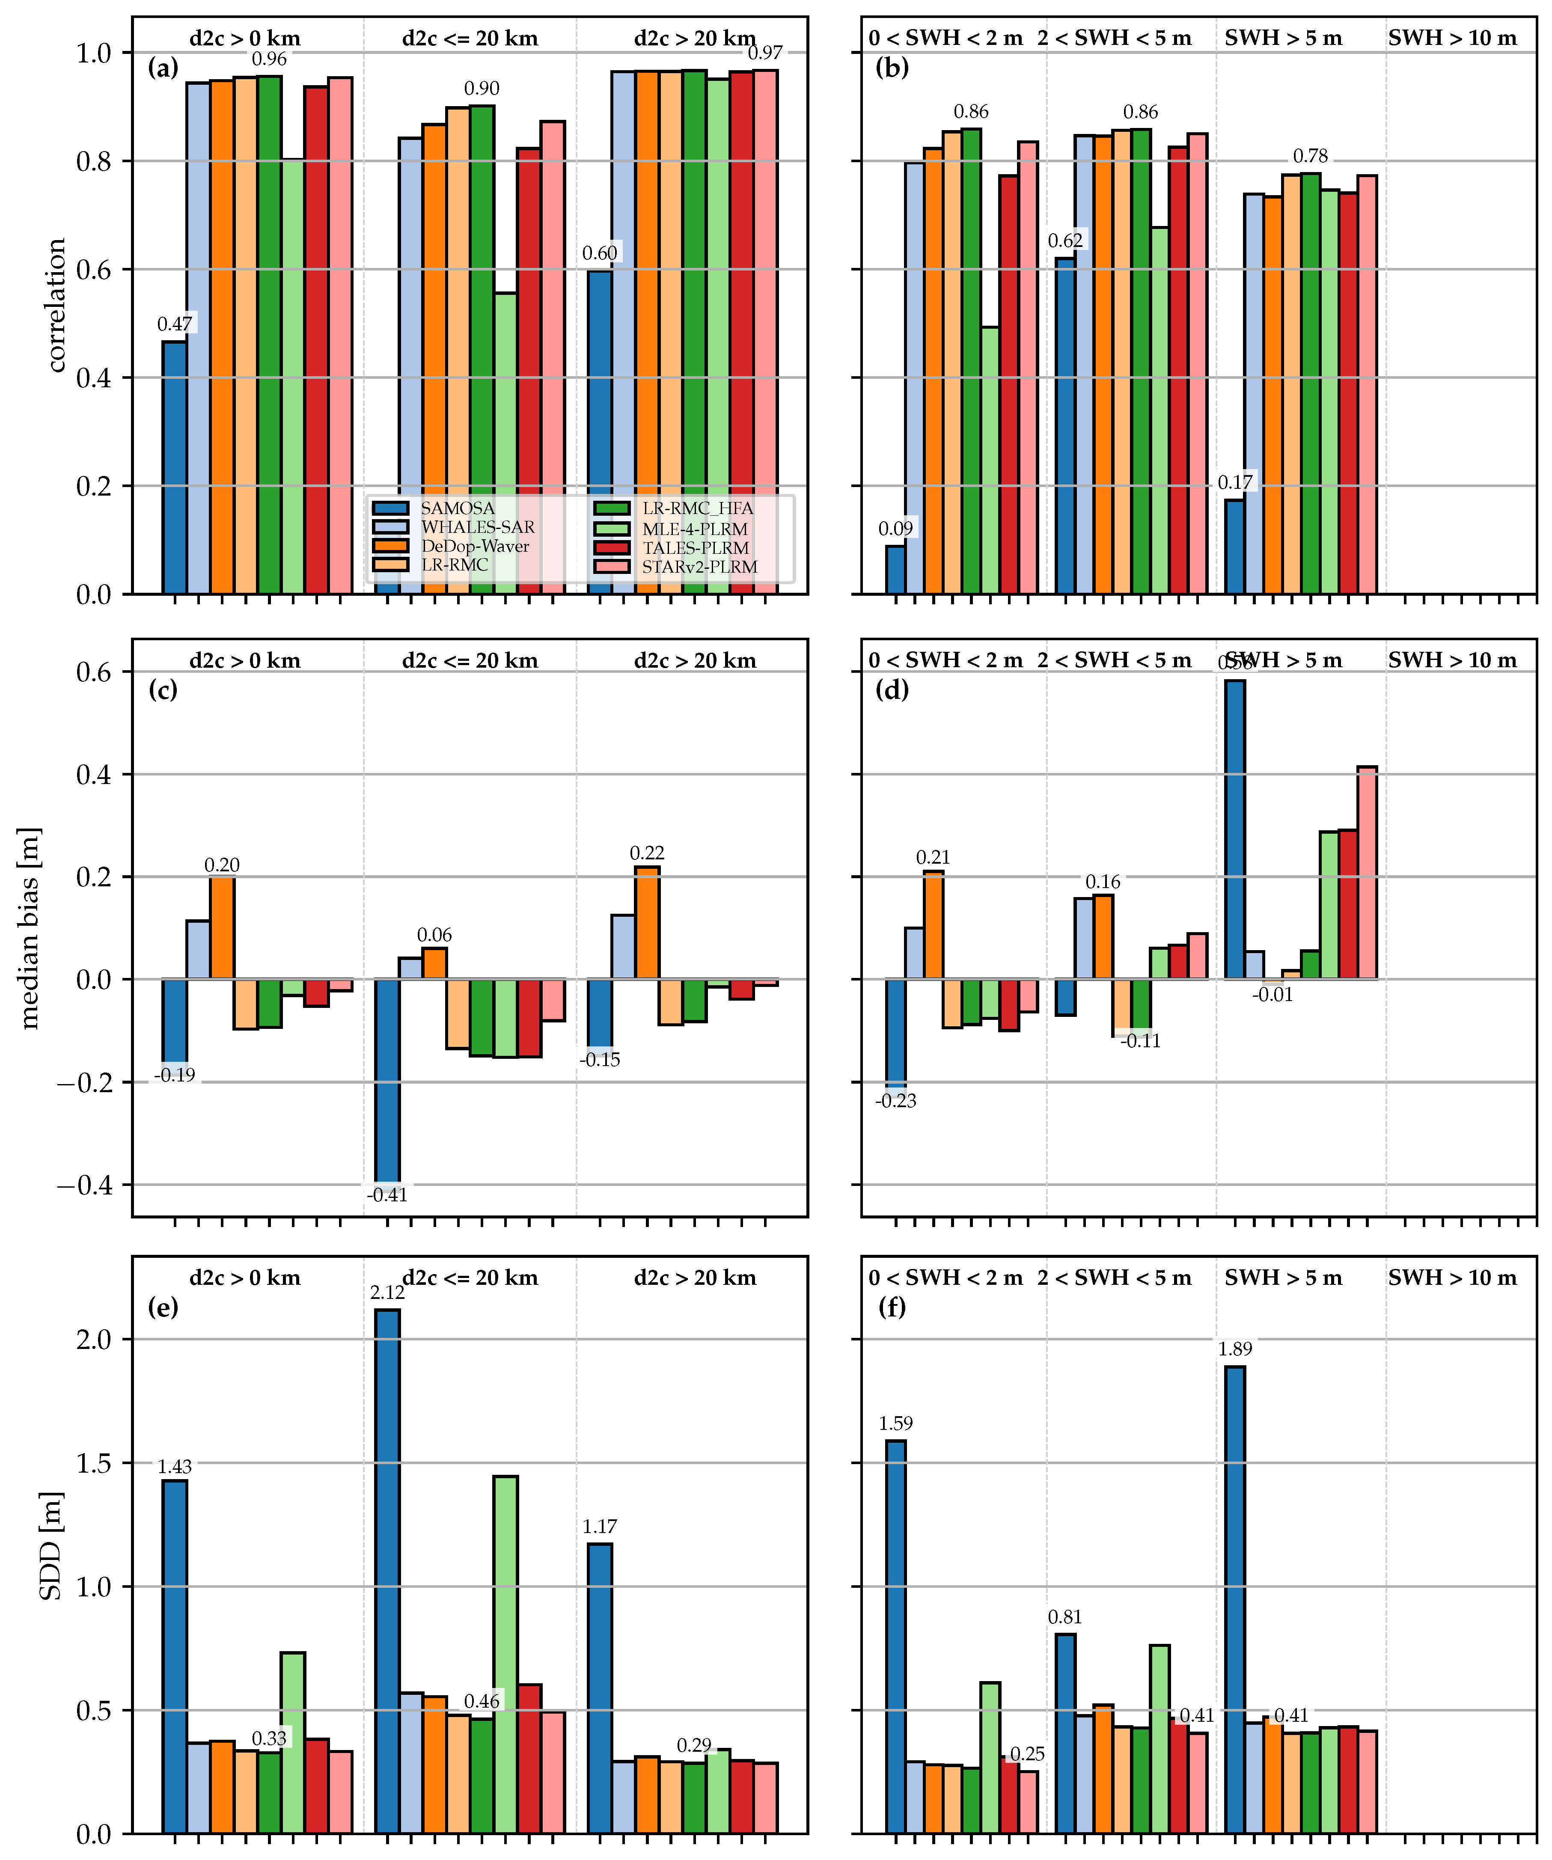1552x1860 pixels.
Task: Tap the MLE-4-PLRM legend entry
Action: pyautogui.click(x=695, y=529)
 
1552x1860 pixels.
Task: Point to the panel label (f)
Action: pyautogui.click(x=891, y=1307)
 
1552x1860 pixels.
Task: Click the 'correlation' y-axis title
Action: pyautogui.click(x=56, y=306)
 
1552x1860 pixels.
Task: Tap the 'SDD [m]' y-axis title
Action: pyautogui.click(x=51, y=1545)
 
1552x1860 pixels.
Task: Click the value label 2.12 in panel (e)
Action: pyautogui.click(x=387, y=1293)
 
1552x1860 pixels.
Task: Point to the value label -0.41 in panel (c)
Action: pyautogui.click(x=387, y=1195)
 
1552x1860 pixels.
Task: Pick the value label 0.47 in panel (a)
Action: pyautogui.click(x=175, y=324)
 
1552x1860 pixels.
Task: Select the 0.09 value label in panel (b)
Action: pyautogui.click(x=895, y=529)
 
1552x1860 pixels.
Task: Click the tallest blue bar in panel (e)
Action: pyautogui.click(x=387, y=1568)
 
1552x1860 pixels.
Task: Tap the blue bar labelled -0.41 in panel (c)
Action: pyautogui.click(x=387, y=1081)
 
